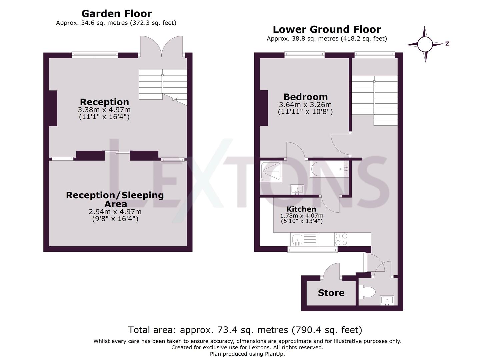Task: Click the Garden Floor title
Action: point(116,14)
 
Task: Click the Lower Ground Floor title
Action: point(327,29)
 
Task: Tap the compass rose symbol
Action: point(425,44)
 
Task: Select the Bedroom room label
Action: point(305,97)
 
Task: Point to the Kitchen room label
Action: point(301,209)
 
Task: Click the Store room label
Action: point(331,293)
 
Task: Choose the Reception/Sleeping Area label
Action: point(115,199)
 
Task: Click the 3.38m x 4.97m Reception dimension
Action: point(104,110)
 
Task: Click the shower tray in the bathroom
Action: point(271,171)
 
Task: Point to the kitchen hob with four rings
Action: point(341,239)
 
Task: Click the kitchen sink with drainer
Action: point(304,239)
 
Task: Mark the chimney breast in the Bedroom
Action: point(264,108)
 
